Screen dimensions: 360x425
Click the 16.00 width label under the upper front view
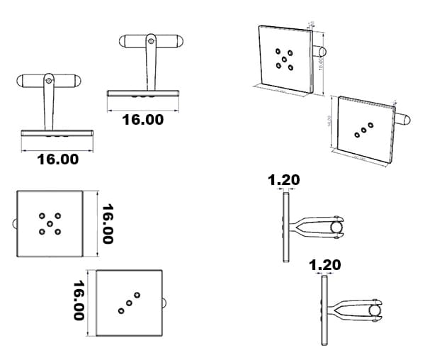click(x=142, y=120)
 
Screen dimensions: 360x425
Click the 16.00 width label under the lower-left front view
click(x=57, y=159)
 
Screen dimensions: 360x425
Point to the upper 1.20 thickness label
click(x=283, y=180)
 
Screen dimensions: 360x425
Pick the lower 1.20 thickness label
click(x=325, y=265)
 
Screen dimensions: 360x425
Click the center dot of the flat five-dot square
click(x=50, y=223)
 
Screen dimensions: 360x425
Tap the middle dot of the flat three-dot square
click(x=129, y=303)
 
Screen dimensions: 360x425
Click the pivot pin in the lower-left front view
click(x=48, y=81)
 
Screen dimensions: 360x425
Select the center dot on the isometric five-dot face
click(x=287, y=59)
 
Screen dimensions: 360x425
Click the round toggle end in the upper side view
click(x=336, y=227)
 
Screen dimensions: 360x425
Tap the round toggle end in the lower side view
click(x=375, y=311)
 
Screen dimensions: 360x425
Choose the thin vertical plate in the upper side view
click(x=285, y=227)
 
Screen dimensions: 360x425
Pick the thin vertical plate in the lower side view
click(x=324, y=310)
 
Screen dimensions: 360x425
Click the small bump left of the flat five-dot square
click(x=13, y=224)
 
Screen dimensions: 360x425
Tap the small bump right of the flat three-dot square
click(x=166, y=303)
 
